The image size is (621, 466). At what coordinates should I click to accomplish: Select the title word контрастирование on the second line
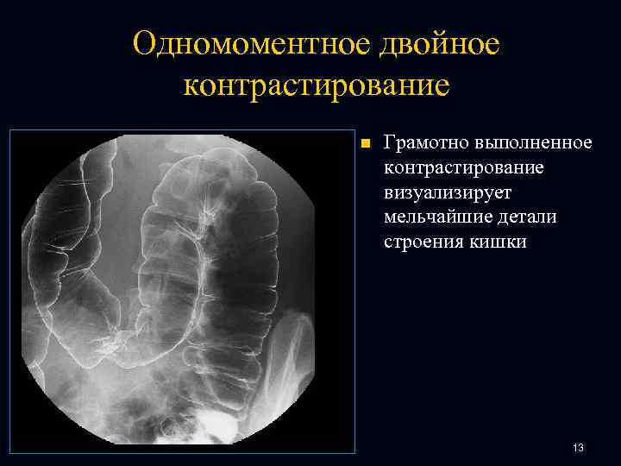click(x=317, y=86)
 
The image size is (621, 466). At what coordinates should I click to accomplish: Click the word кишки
click(x=498, y=242)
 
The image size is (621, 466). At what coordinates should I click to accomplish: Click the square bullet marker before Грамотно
click(x=365, y=142)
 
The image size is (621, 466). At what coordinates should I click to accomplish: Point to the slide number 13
click(x=578, y=448)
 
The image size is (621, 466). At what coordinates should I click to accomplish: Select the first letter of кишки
click(x=474, y=242)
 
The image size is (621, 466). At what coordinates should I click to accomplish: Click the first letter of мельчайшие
click(x=390, y=217)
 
